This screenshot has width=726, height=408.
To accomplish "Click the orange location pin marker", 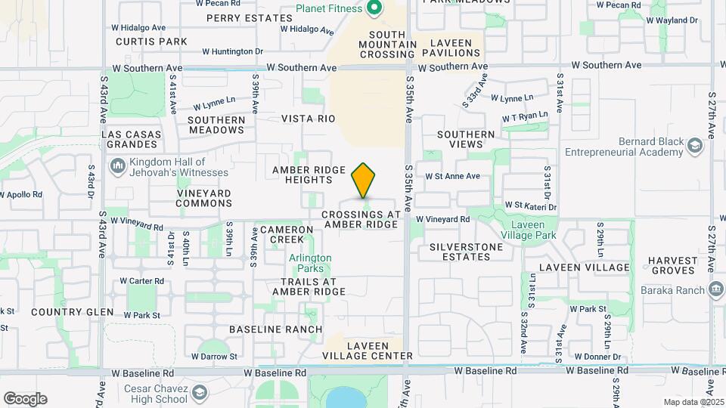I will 364,180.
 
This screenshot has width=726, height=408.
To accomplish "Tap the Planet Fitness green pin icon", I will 373,9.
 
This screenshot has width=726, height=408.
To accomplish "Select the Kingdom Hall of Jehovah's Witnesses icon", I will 117,165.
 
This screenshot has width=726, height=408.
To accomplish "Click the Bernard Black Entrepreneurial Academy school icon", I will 693,147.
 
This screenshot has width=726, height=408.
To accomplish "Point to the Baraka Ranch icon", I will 715,289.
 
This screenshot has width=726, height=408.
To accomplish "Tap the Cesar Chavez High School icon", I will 199,393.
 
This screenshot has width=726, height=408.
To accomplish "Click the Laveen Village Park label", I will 534,230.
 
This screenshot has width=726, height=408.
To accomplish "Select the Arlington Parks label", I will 310,263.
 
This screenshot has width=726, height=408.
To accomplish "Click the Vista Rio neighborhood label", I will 308,119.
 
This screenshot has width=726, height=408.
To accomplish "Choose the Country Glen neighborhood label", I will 72,312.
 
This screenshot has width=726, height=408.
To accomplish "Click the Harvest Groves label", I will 672,265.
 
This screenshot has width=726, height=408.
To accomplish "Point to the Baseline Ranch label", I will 275,329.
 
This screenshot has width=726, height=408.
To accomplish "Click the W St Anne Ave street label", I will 452,176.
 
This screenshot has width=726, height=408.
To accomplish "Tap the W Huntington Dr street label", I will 233,51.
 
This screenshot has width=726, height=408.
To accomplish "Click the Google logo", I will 25,399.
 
